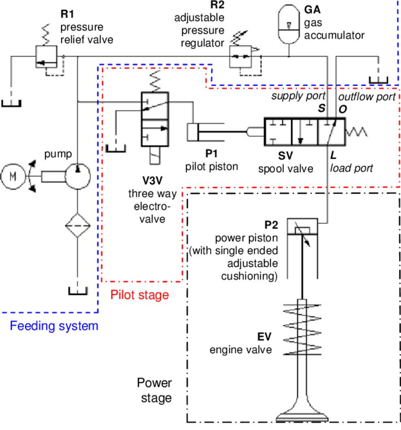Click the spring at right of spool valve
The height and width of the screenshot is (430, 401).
pyautogui.click(x=357, y=131)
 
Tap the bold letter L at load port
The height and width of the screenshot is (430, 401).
pyautogui.click(x=333, y=155)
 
